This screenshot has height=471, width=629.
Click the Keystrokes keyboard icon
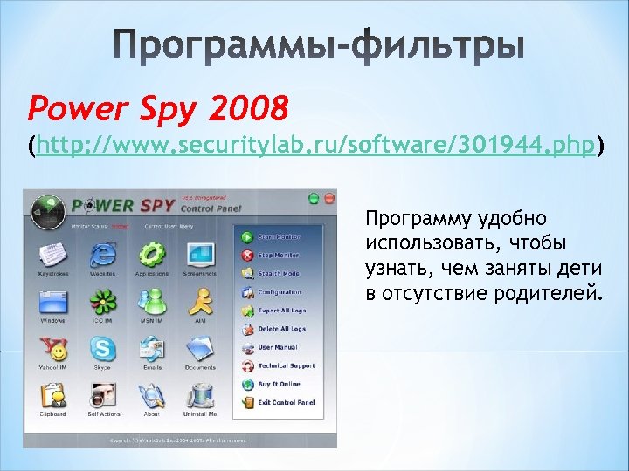point(52,254)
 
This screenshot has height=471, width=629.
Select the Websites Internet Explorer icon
point(102,254)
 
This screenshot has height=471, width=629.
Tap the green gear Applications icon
point(152,254)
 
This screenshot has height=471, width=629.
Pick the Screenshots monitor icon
point(201,254)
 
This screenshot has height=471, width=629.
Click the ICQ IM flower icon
point(102,301)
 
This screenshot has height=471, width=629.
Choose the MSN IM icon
point(152,301)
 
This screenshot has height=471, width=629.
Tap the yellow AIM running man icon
point(201,301)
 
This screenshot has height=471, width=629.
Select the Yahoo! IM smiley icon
point(52,350)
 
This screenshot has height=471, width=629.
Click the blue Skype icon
point(102,350)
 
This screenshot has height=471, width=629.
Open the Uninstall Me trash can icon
point(201,396)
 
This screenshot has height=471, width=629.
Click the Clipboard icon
point(52,396)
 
